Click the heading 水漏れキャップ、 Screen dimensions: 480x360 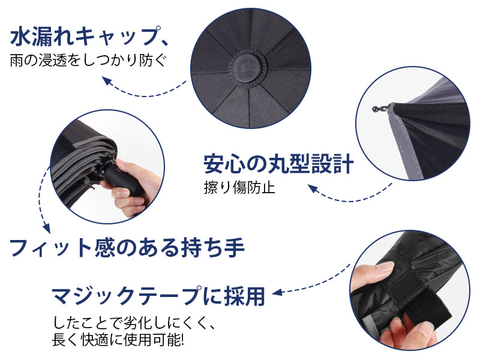[x=89, y=37]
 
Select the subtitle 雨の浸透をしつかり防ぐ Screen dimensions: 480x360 [x=88, y=61]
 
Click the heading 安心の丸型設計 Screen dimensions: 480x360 [x=278, y=164]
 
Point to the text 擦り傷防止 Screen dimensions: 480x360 [x=239, y=187]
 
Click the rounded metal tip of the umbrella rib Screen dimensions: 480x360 [x=376, y=109]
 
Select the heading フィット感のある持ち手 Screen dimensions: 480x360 [x=127, y=248]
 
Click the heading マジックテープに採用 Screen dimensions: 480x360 [x=158, y=295]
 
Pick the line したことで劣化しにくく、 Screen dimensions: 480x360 [x=133, y=323]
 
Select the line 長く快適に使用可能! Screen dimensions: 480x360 [x=118, y=339]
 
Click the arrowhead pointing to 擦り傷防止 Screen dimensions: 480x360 [x=313, y=188]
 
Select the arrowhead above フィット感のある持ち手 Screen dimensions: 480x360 [x=46, y=227]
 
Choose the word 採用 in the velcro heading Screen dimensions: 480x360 [x=244, y=295]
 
